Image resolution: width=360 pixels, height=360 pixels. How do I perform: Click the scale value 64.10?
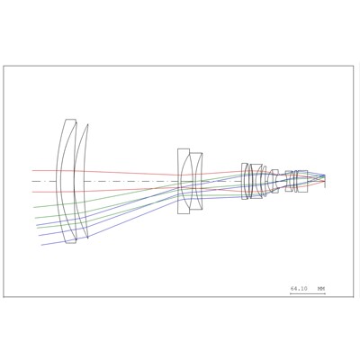coord(299,289)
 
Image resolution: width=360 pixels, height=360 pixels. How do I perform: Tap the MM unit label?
coord(321,289)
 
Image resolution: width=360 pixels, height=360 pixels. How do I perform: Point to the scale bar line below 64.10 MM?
coord(308,293)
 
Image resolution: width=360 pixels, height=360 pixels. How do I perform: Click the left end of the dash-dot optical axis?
coord(32,181)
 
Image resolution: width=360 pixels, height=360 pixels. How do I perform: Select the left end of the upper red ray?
coord(32,170)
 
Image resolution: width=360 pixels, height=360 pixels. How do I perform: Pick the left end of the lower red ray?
coord(32,192)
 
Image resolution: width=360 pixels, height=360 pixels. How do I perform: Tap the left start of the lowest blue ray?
coord(41,245)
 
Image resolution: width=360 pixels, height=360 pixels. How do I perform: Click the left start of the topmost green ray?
coord(34,207)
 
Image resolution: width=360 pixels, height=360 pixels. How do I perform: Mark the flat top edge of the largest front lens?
coord(70,120)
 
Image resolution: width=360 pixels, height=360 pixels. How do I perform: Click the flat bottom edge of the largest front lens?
coord(70,243)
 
